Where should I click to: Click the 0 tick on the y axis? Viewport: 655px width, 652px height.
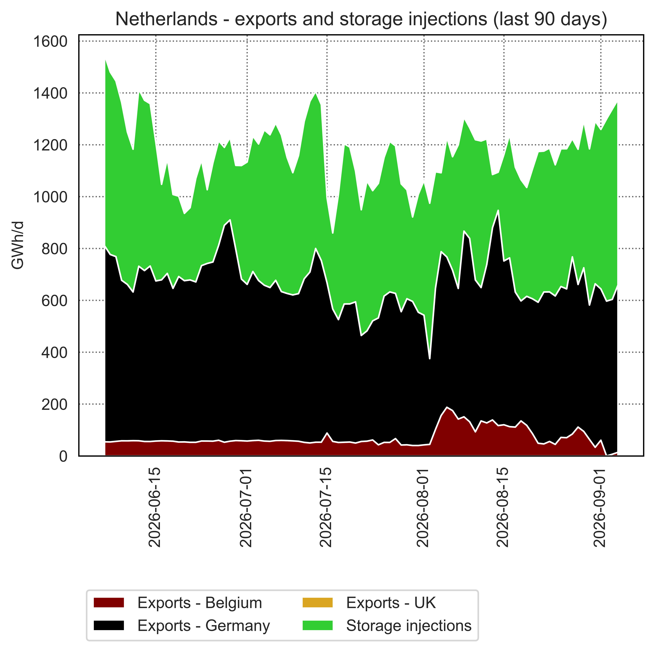tap(63, 456)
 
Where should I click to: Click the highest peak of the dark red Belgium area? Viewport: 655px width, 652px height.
tap(447, 407)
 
